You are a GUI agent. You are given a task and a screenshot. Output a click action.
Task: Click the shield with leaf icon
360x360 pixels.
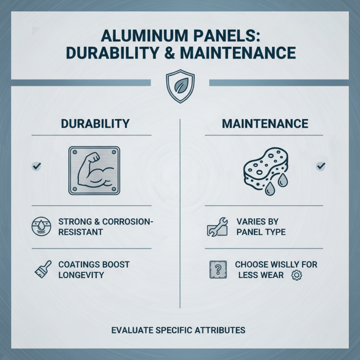[180, 86]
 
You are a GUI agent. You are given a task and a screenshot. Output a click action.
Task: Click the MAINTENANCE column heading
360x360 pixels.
[265, 124]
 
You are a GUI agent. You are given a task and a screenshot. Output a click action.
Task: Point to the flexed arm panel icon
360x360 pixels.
[94, 170]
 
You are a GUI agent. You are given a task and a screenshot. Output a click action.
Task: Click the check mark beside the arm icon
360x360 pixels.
[37, 166]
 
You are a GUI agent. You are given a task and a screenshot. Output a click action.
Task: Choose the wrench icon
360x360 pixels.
[216, 227]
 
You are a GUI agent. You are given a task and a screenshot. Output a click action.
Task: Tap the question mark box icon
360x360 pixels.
[217, 269]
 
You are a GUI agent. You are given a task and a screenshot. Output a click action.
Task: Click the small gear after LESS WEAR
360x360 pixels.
[296, 274]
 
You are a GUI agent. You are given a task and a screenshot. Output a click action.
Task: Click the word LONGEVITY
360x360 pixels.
[81, 274]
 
